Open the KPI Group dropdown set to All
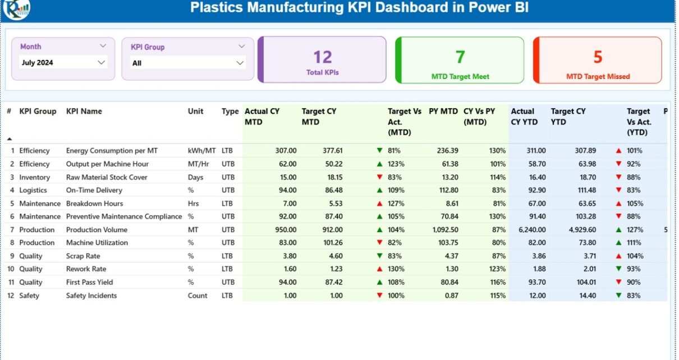click(188, 63)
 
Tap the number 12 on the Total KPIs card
click(323, 57)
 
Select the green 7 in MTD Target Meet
click(460, 57)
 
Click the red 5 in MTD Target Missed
click(598, 57)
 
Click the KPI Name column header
click(84, 111)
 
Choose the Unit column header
click(195, 111)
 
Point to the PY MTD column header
click(443, 111)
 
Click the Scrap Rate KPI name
click(83, 256)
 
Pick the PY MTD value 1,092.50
click(443, 229)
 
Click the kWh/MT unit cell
click(201, 151)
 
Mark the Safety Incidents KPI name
click(91, 296)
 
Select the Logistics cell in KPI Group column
click(33, 190)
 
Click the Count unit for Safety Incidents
click(198, 296)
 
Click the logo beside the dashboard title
click(16, 8)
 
